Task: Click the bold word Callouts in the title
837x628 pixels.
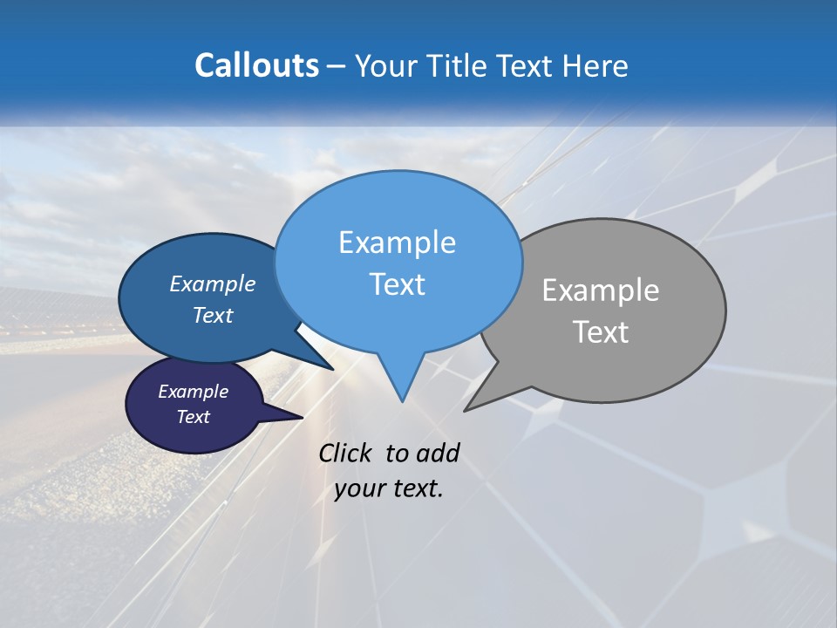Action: point(256,65)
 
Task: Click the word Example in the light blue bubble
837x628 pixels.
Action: point(397,242)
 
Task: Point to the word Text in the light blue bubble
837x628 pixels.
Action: point(397,284)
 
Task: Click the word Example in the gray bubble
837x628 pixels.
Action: point(601,290)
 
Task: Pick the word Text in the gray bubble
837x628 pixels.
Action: point(601,332)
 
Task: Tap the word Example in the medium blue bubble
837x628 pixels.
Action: point(213,283)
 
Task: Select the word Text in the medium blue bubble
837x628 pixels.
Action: point(213,315)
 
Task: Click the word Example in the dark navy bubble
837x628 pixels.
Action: point(193,392)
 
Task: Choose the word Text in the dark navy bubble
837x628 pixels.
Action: point(193,417)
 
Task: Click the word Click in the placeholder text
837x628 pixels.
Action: point(346,453)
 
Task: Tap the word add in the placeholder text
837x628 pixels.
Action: point(438,453)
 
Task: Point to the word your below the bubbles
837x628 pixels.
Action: point(359,488)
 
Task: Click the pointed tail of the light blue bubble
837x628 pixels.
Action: point(401,392)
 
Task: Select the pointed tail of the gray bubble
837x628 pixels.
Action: point(472,406)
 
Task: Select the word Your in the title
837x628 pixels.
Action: point(384,65)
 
